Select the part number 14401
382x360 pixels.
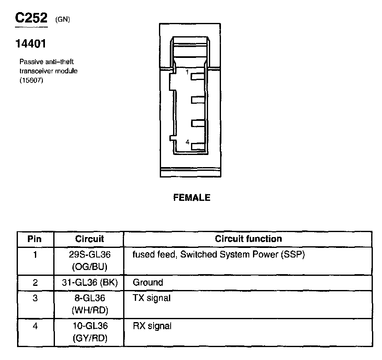click(x=30, y=43)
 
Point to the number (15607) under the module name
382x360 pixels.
click(x=31, y=80)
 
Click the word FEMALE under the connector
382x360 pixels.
click(x=192, y=198)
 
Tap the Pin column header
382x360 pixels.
click(x=35, y=239)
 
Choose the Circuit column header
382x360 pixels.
click(x=89, y=239)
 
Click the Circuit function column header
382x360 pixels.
click(x=248, y=239)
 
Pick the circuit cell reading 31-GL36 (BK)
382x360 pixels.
click(x=89, y=282)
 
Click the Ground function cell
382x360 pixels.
click(x=148, y=282)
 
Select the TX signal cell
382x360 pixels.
click(x=152, y=298)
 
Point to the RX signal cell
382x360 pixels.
click(x=152, y=326)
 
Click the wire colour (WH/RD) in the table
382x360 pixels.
click(x=89, y=310)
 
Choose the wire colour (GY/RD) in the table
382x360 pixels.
click(x=89, y=338)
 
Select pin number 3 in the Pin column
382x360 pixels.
click(x=35, y=298)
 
